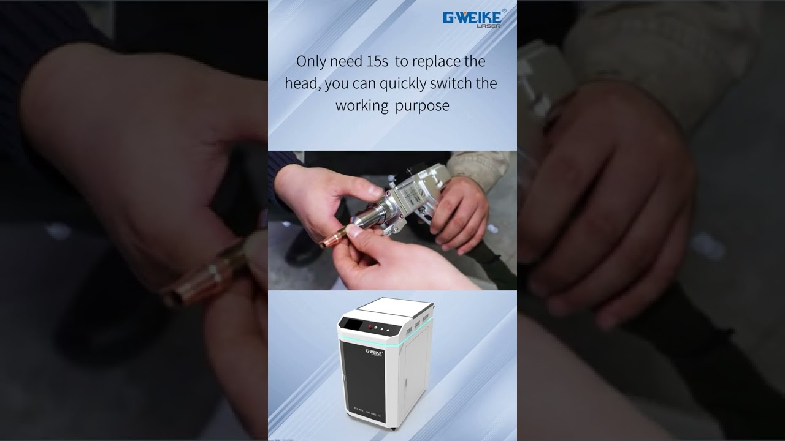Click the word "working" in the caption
point(362,105)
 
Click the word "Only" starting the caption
point(311,61)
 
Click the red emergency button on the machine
point(370,328)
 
